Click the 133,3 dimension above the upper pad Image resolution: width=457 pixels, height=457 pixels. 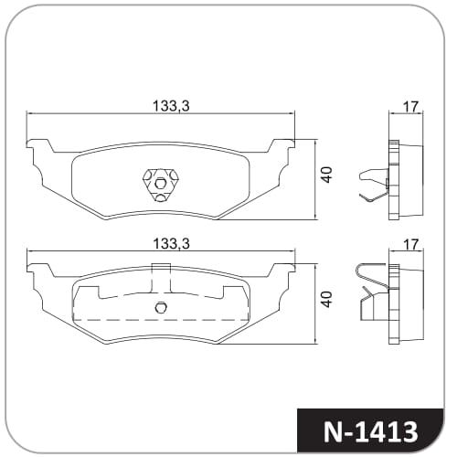171,106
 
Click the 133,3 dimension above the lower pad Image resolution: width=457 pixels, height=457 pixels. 171,244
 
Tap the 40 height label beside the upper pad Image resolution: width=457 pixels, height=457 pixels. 327,175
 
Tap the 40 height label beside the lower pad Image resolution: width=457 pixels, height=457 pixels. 327,299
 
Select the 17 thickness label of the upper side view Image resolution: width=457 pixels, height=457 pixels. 410,107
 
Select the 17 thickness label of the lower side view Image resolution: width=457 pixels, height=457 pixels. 410,245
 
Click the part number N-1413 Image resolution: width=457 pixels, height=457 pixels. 370,431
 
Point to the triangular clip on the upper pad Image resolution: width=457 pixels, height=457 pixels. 160,185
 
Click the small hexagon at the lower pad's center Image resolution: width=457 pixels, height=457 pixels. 161,307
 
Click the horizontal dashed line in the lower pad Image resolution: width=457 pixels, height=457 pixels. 161,320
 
